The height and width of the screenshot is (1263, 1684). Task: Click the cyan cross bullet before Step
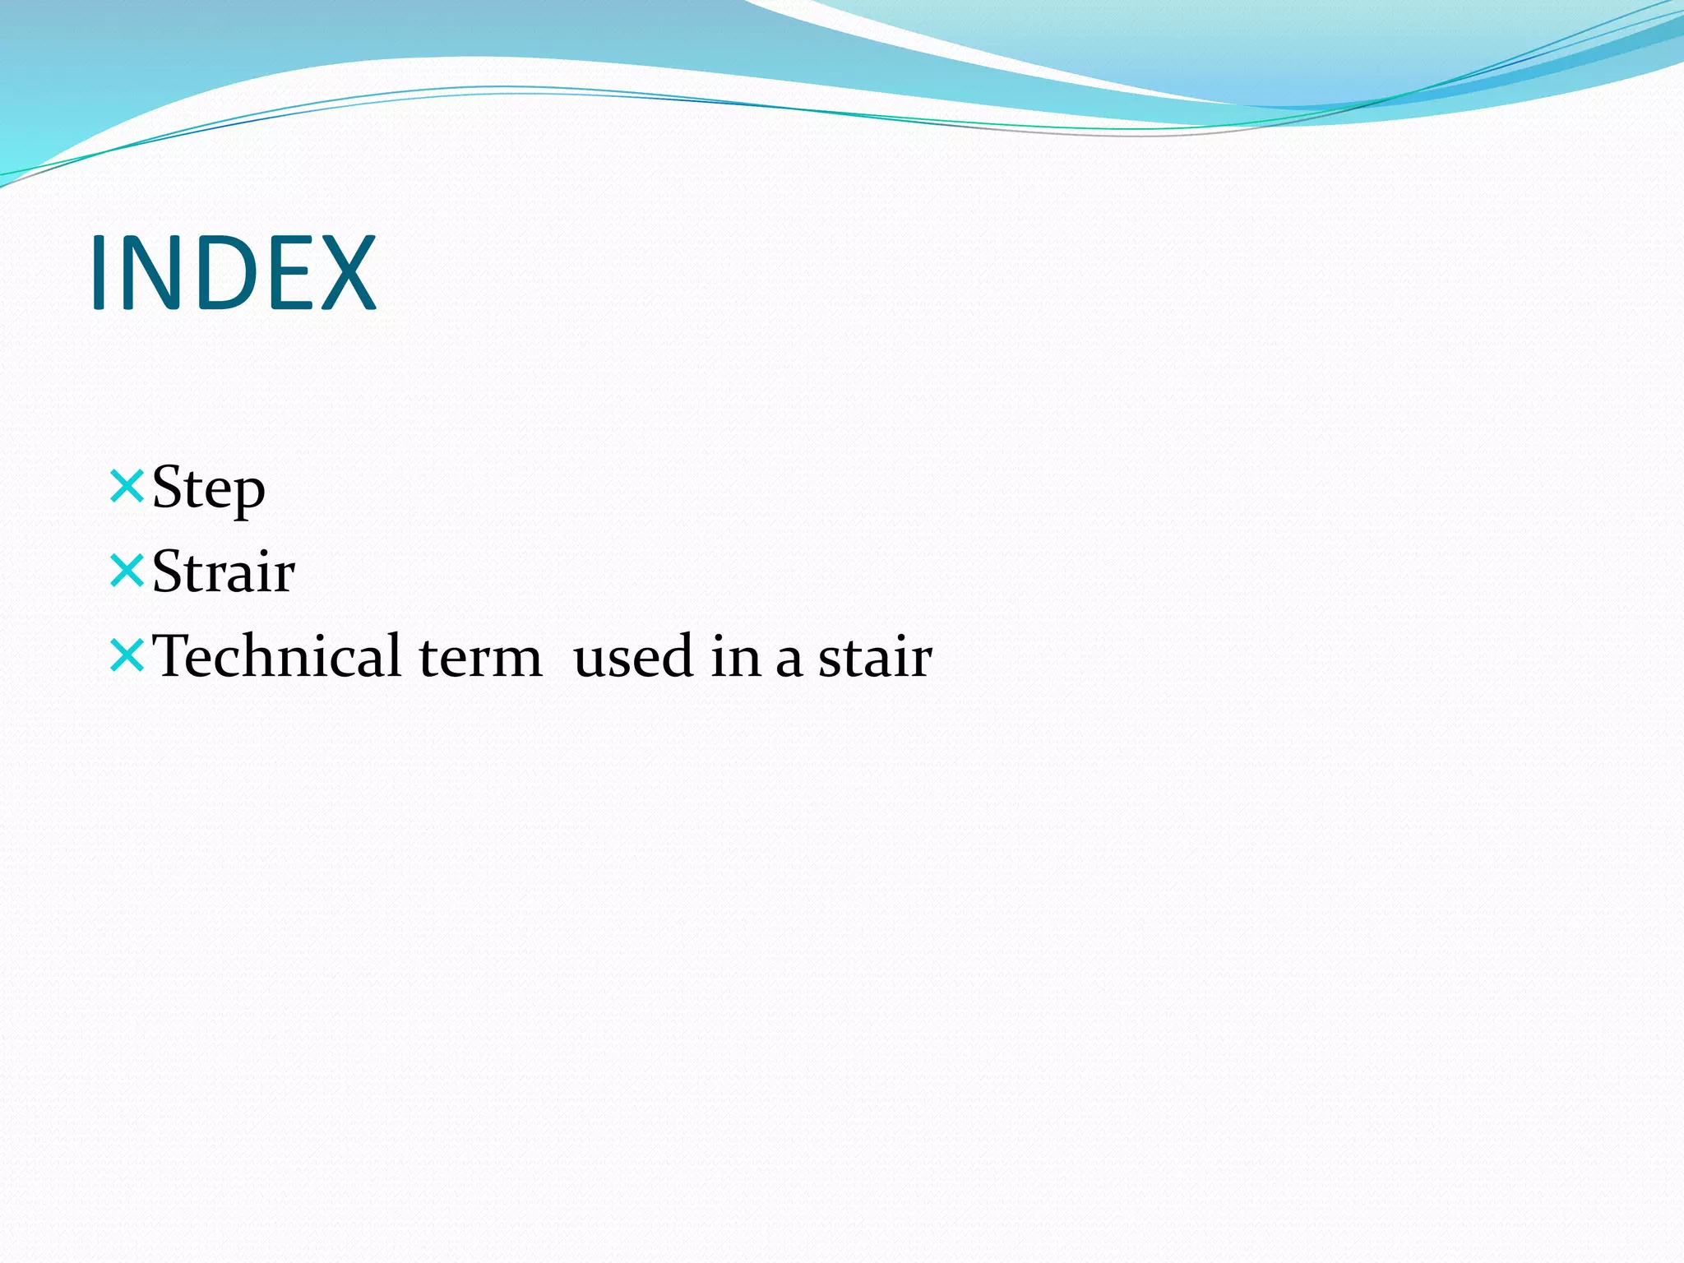click(x=127, y=485)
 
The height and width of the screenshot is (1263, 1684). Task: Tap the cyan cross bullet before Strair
click(x=127, y=571)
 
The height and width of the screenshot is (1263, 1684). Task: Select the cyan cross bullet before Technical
click(x=127, y=655)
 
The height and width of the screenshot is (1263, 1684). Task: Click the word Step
click(x=209, y=488)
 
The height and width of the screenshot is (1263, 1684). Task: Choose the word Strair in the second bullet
click(x=224, y=572)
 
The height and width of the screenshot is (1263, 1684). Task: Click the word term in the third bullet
click(x=480, y=658)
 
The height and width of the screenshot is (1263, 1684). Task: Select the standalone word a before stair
click(x=789, y=661)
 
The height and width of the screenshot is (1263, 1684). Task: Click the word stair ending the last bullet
click(x=875, y=658)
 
